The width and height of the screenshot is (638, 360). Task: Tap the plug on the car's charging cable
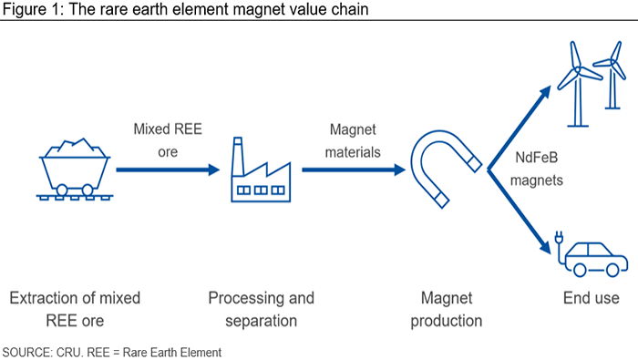click(x=559, y=237)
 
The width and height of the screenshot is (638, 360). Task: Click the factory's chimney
click(x=238, y=157)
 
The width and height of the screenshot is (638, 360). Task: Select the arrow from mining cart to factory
click(x=168, y=170)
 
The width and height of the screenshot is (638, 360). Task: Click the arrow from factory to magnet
click(x=354, y=170)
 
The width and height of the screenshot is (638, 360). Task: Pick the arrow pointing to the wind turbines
click(x=520, y=128)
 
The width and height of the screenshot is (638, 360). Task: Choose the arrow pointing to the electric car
click(x=520, y=211)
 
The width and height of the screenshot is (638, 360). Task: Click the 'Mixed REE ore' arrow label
click(x=168, y=140)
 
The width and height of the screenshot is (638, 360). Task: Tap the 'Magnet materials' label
click(x=353, y=140)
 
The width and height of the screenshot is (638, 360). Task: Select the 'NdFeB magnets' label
click(x=537, y=169)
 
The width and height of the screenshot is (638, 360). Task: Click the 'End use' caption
click(x=592, y=298)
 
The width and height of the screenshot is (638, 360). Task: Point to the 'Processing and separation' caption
click(x=262, y=310)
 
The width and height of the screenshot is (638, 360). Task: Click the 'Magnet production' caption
click(x=447, y=310)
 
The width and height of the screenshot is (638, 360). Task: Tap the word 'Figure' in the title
click(x=24, y=9)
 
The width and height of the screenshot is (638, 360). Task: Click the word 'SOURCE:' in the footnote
click(x=27, y=353)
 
